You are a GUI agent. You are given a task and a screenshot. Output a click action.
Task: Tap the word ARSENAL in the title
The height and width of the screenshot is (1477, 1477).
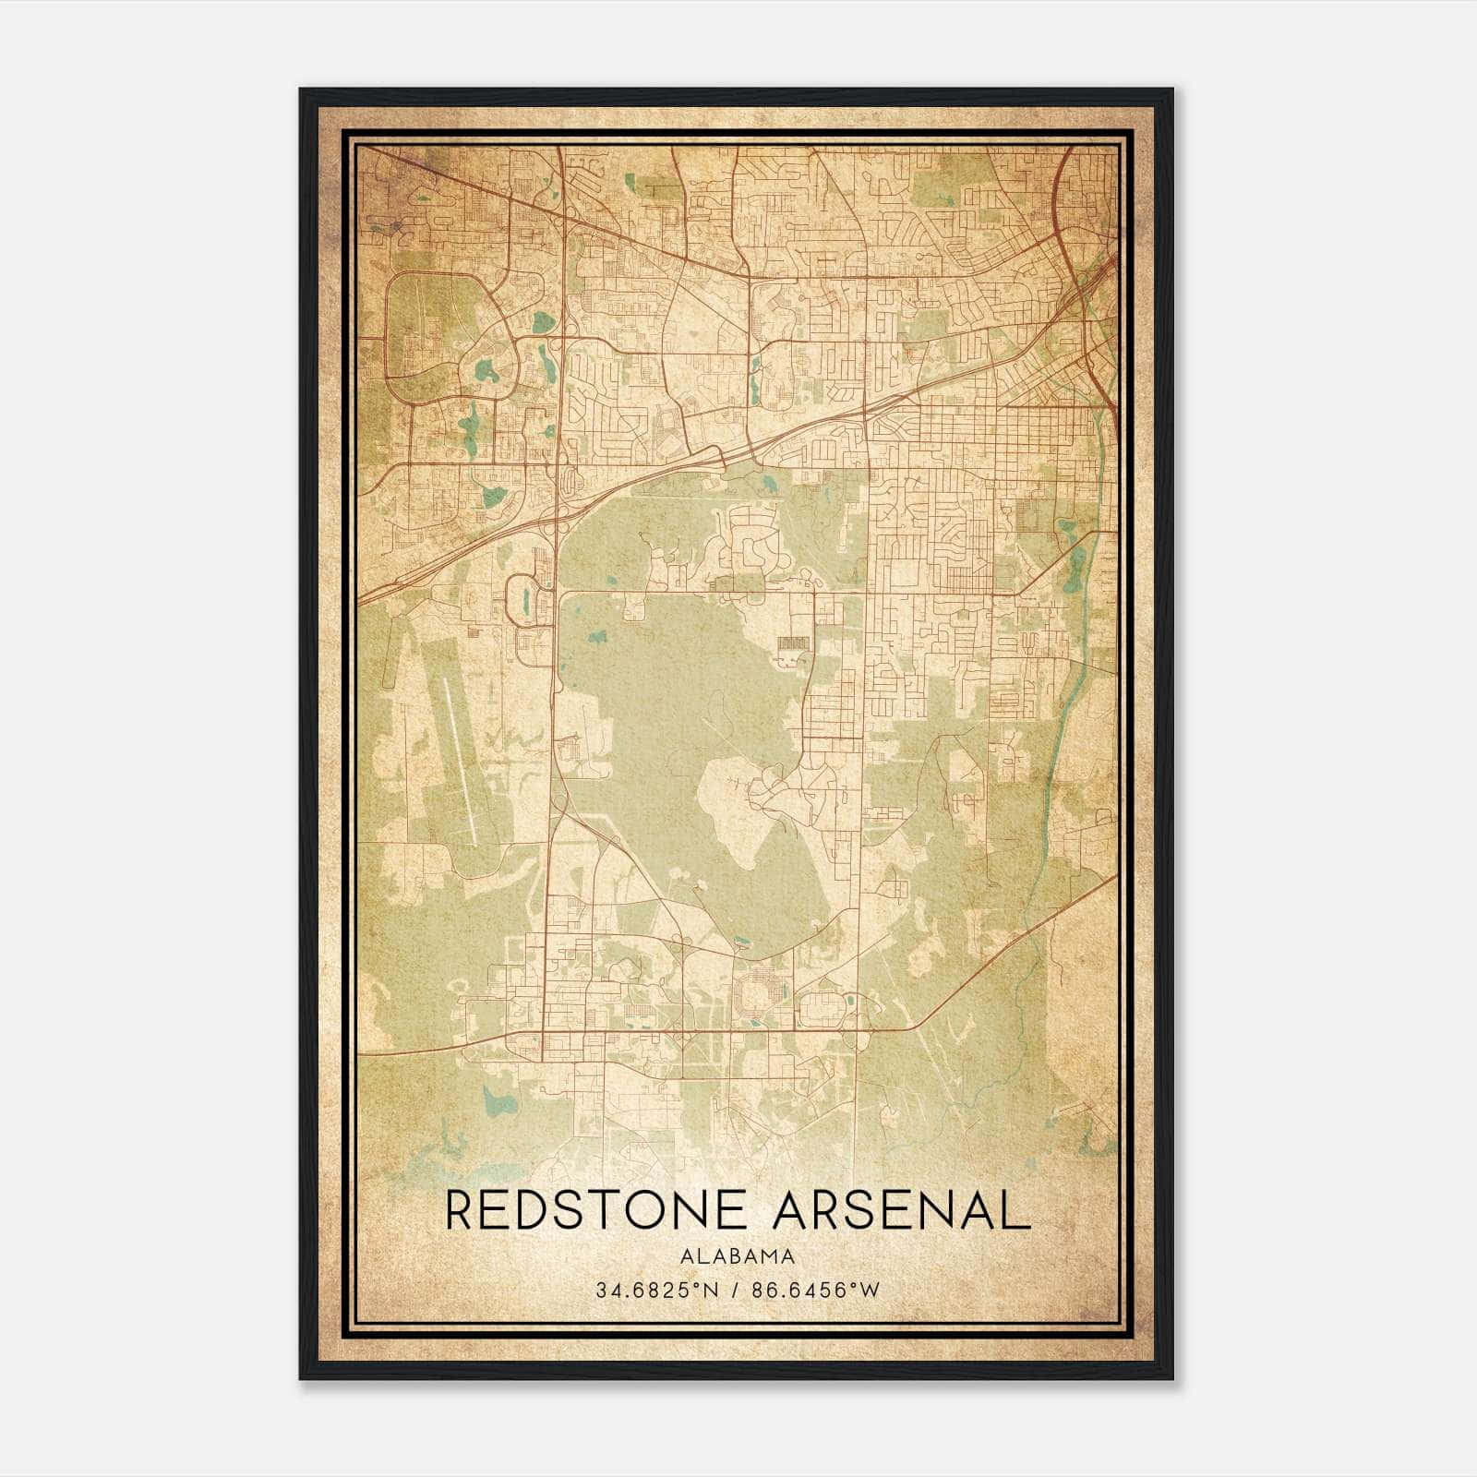(x=901, y=1210)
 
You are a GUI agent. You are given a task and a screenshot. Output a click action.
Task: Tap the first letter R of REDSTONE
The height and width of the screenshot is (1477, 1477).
(x=462, y=1210)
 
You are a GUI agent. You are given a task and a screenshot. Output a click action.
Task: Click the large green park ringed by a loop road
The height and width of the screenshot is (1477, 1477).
(x=434, y=337)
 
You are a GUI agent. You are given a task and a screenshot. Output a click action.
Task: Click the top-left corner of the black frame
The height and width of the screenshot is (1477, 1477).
(x=301, y=90)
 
